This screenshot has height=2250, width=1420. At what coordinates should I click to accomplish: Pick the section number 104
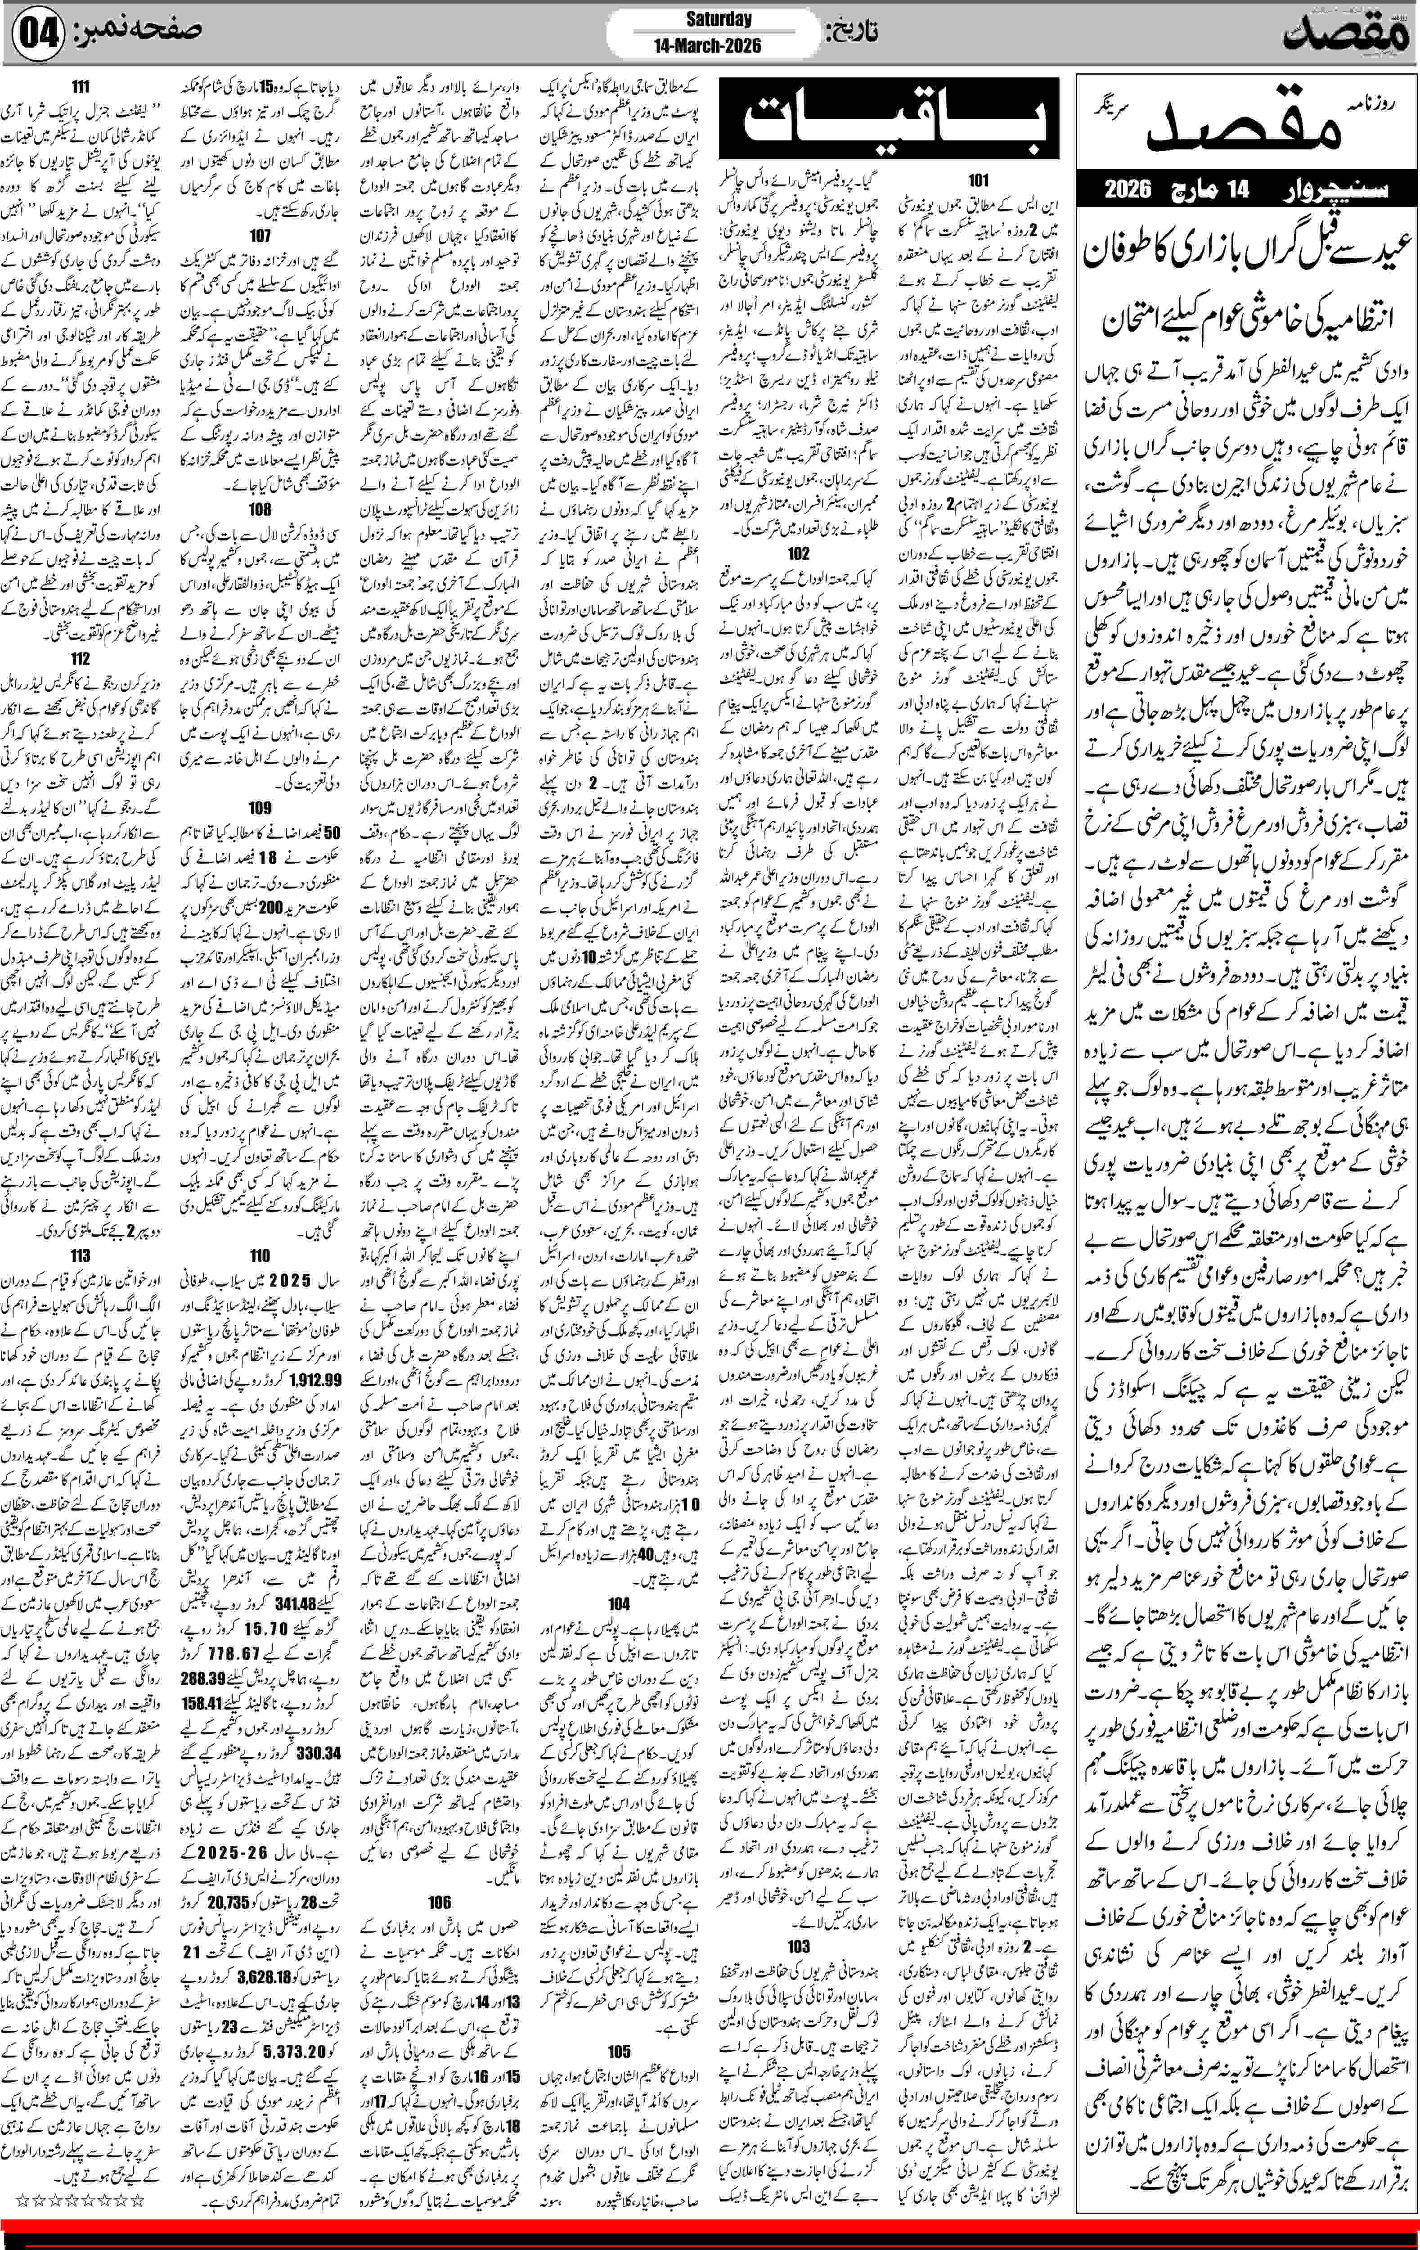[619, 1602]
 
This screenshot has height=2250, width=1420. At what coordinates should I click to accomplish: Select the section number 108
[260, 509]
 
